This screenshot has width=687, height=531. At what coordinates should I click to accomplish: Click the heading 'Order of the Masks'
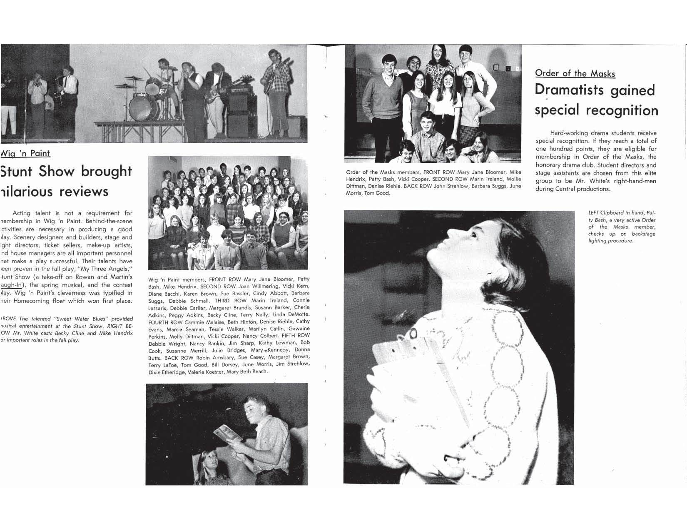575,74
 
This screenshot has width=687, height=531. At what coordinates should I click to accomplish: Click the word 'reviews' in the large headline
84,191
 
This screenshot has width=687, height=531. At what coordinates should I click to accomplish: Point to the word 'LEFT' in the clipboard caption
593,213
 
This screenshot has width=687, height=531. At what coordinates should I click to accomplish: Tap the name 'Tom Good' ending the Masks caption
377,194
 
